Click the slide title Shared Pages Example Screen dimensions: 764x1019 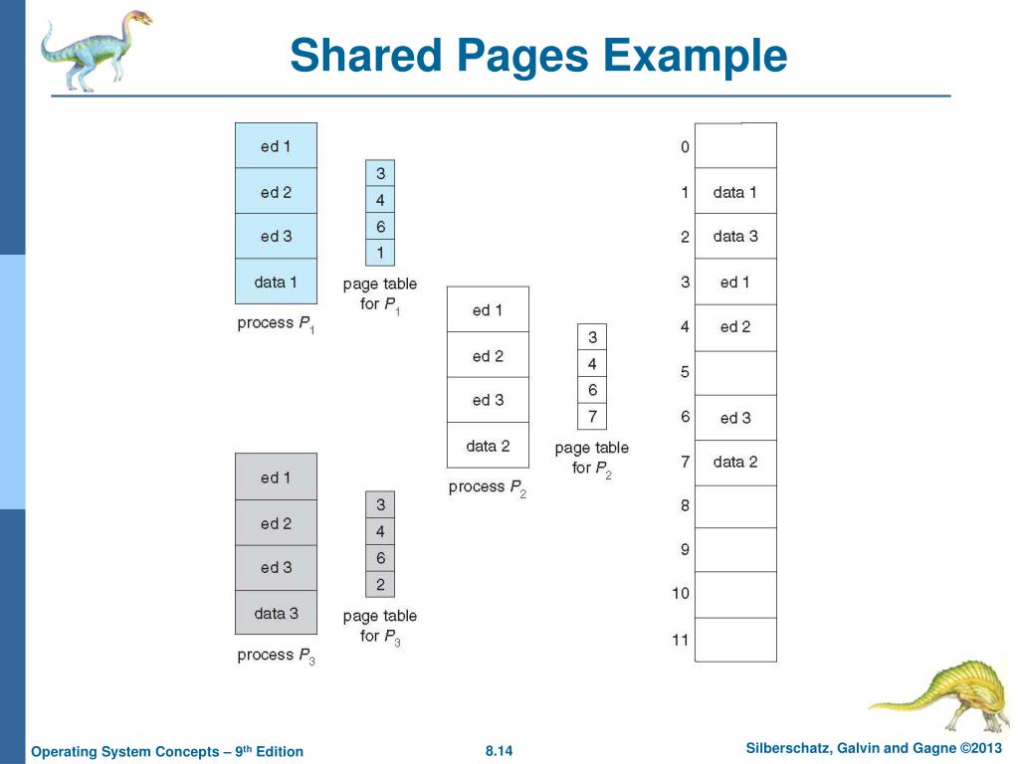coord(538,55)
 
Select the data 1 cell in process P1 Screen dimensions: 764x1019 coord(276,282)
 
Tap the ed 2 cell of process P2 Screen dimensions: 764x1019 coord(488,355)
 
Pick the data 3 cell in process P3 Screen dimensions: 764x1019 coord(276,613)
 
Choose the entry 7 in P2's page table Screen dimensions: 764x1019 coord(592,417)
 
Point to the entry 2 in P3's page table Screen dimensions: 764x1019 coord(380,585)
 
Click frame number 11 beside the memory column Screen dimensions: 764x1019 coord(681,640)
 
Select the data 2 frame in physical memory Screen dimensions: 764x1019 coord(735,462)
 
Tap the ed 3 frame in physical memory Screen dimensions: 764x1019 coord(735,418)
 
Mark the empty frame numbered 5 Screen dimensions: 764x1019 coord(735,373)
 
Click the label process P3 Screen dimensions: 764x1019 coord(276,656)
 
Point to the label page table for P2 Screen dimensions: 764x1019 coord(592,458)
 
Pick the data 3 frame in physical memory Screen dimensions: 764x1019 coord(735,237)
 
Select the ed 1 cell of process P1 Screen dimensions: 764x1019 coord(276,146)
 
